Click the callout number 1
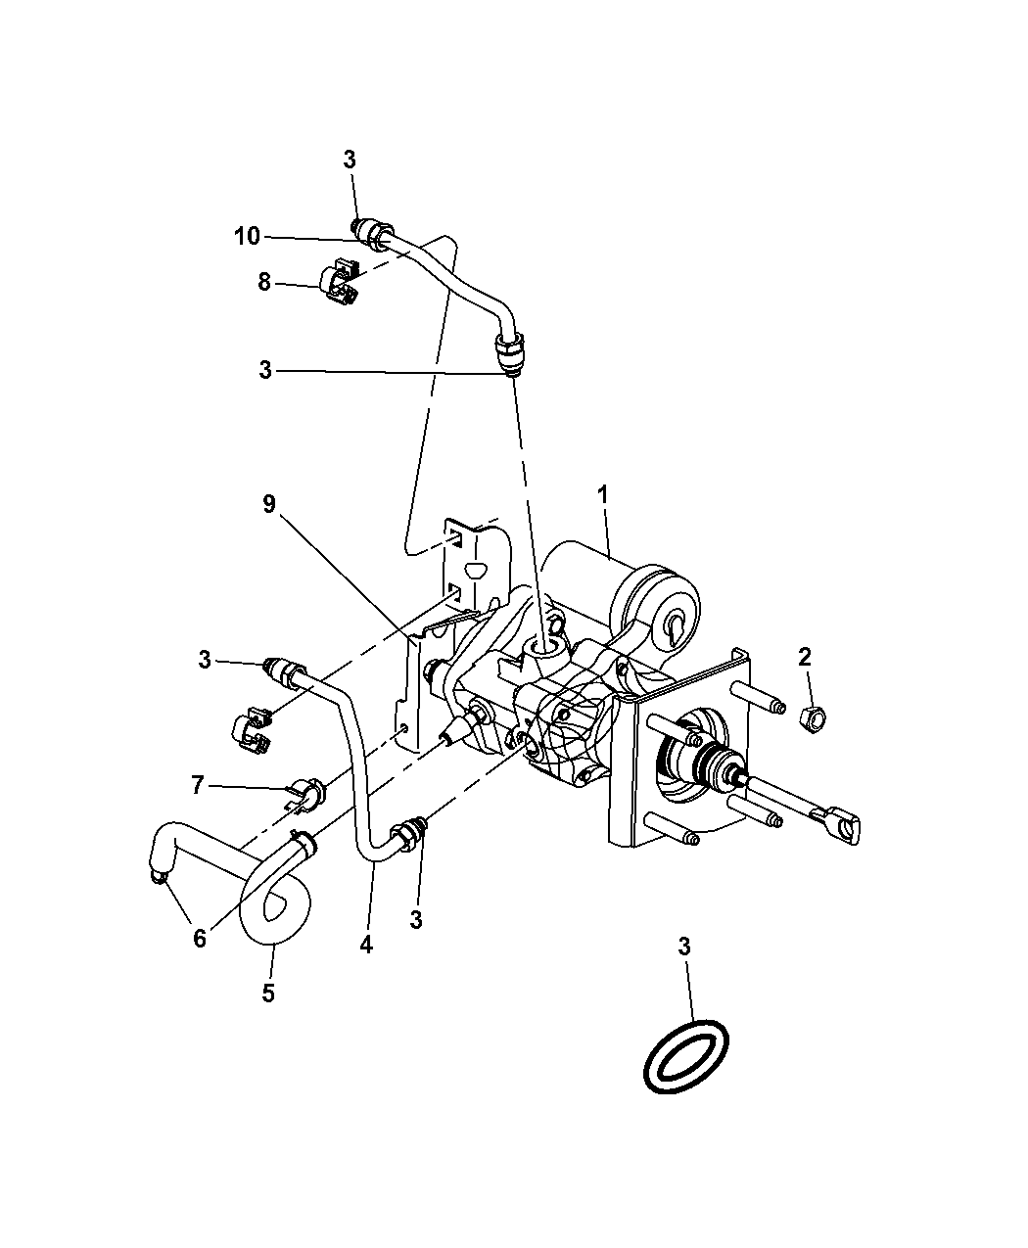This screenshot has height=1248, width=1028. (x=604, y=495)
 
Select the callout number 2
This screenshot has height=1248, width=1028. (x=805, y=657)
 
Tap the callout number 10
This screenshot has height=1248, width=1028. (x=247, y=236)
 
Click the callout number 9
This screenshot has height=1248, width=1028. (x=269, y=505)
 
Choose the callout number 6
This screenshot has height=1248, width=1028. (x=200, y=938)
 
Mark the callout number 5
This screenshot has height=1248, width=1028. (x=267, y=993)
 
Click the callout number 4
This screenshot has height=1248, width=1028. (x=366, y=946)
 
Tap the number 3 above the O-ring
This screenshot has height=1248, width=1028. (x=685, y=947)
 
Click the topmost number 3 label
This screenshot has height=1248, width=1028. (x=350, y=161)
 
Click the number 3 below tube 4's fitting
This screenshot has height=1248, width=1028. (x=416, y=920)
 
